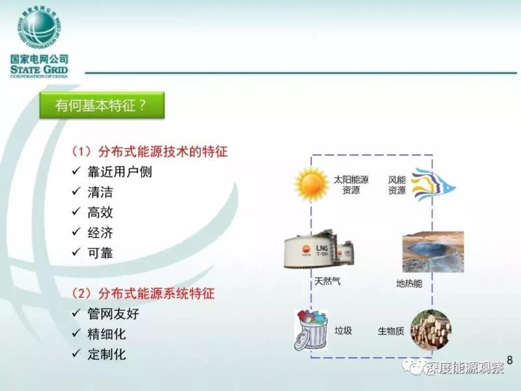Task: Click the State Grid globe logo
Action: tap(39, 27)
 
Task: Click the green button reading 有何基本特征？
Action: tap(102, 106)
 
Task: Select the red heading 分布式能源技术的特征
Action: tap(163, 152)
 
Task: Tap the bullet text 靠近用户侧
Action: tap(120, 172)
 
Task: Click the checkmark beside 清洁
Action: tap(76, 191)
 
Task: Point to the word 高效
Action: tap(100, 212)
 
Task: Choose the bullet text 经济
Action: tap(100, 233)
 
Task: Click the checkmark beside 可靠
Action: tap(76, 252)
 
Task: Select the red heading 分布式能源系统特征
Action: tap(156, 293)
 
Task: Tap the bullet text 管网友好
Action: tap(113, 314)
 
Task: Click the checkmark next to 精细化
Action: tap(76, 333)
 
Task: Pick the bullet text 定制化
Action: tap(107, 355)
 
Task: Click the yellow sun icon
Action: tap(311, 184)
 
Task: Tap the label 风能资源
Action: tap(397, 185)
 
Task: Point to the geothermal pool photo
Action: tap(433, 252)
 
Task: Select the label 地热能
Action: tap(409, 283)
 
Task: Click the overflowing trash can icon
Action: tap(311, 330)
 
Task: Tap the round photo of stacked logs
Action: tap(430, 330)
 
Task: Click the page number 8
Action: tap(510, 360)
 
